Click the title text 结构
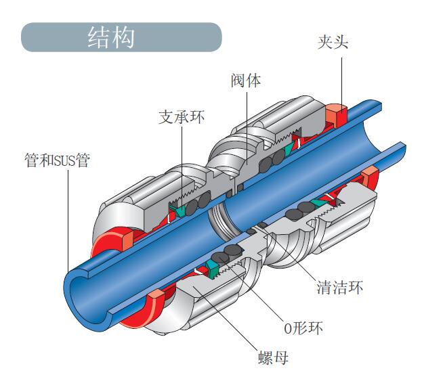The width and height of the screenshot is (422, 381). pyautogui.click(x=111, y=37)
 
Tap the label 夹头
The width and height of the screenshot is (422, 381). pyautogui.click(x=333, y=42)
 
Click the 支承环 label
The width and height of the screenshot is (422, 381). pyautogui.click(x=181, y=117)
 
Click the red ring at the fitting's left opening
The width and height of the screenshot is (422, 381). pyautogui.click(x=112, y=240)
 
